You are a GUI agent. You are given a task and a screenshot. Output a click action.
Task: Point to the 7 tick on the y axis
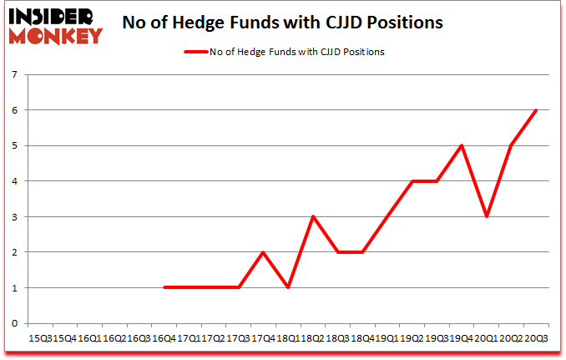point(17,75)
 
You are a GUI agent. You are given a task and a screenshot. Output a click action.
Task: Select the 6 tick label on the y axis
point(17,110)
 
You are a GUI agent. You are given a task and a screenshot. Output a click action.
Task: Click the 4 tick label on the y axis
point(17,181)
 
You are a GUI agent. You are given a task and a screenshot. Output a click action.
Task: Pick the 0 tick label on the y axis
point(17,323)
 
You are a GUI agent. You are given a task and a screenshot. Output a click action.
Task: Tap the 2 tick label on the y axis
point(17,252)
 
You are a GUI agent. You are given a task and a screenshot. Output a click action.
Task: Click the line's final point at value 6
point(535,110)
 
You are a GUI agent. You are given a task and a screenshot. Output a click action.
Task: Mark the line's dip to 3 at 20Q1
point(486,216)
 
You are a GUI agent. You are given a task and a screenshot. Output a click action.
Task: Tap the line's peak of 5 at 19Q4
point(461,145)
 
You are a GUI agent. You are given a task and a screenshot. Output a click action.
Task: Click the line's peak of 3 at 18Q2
point(312,216)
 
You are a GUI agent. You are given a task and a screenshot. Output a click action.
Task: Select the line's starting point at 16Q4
point(164,287)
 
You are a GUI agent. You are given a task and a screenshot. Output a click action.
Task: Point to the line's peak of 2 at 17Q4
point(263,252)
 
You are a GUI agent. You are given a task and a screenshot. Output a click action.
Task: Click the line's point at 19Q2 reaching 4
point(412,181)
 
